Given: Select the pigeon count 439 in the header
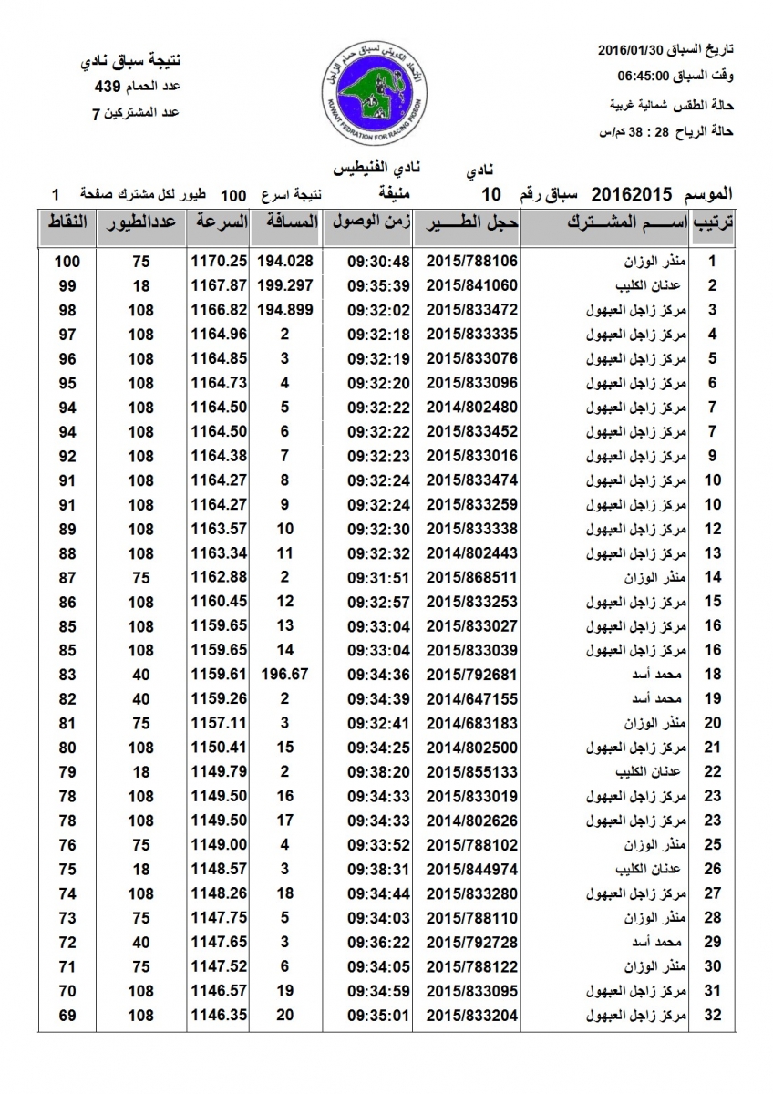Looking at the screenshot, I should click(x=108, y=88).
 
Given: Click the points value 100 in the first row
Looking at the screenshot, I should click(x=67, y=262).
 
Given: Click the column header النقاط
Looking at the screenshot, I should click(x=67, y=222).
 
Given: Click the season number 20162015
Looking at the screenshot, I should click(x=632, y=194).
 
